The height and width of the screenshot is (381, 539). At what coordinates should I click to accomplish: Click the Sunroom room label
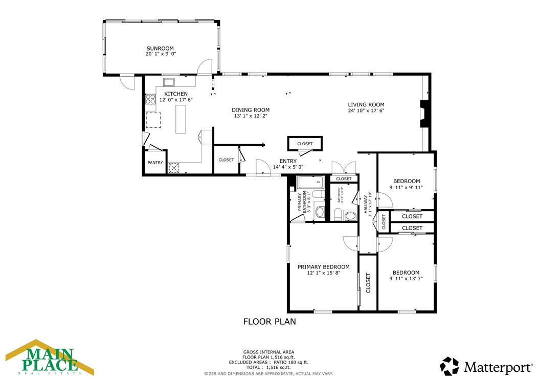point(161,49)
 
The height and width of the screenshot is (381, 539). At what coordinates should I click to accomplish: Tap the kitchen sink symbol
point(169,82)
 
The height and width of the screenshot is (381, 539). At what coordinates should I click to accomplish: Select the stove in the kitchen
point(150,99)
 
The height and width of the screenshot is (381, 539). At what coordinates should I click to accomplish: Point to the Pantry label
point(155,163)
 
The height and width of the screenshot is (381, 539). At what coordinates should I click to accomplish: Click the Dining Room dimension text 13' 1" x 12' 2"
point(251,116)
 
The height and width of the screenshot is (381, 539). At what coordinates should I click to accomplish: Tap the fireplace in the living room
point(423,113)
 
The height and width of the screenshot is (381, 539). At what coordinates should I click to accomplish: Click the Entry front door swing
point(262,167)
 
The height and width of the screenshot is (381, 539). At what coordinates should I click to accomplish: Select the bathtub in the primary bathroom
point(310,183)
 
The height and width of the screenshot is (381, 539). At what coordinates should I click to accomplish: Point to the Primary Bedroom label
point(324,266)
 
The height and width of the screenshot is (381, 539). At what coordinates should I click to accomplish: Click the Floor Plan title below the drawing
point(269,322)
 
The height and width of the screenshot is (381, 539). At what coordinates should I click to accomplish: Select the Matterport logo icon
point(450,366)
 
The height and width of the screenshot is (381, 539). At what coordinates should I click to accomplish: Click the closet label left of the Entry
point(226,160)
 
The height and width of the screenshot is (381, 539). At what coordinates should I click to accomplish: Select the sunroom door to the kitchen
point(206,67)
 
